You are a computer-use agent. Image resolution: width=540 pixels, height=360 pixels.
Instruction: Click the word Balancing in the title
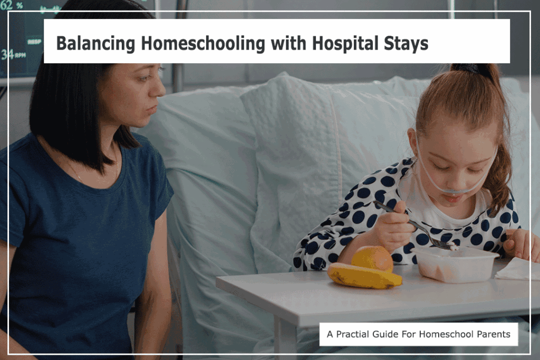95,44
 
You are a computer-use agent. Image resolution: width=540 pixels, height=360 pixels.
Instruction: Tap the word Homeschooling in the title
203,43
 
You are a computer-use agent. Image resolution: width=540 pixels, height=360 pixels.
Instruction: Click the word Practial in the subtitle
352,334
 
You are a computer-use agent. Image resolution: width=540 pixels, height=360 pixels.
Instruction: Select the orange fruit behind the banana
372,258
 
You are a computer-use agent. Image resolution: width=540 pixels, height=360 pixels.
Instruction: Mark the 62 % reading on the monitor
12,5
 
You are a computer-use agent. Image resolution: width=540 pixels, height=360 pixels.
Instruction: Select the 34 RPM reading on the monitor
13,54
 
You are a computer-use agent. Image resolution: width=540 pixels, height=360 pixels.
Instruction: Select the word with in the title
288,43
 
